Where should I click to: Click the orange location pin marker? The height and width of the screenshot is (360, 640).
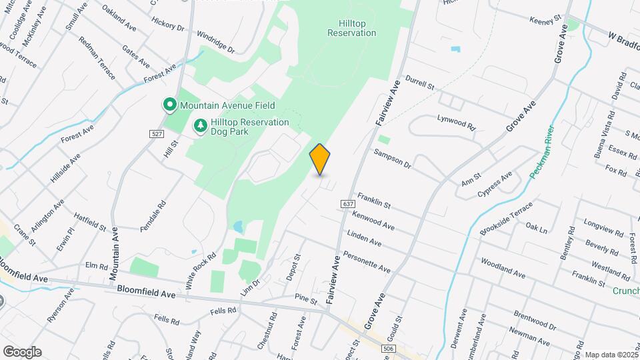coord(320,159)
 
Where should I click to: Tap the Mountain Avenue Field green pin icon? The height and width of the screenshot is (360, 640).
coord(169,105)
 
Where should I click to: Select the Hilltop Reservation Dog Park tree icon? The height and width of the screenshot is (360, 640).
coord(199,125)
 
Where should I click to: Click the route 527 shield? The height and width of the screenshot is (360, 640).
coord(157,134)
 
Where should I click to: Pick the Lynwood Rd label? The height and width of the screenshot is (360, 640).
coord(457,122)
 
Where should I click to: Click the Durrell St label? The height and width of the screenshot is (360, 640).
coord(419,82)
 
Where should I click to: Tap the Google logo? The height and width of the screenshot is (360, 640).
coord(22,352)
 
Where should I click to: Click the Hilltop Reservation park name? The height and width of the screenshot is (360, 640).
coord(352,27)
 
